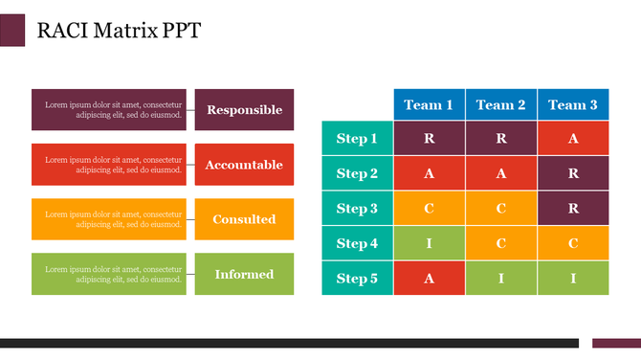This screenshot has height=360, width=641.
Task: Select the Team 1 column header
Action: [429, 104]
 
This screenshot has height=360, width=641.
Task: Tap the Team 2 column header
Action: [500, 104]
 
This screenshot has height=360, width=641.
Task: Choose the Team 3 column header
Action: [573, 104]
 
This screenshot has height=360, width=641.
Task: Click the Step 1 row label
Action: [357, 139]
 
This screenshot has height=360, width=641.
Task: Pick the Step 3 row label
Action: [357, 209]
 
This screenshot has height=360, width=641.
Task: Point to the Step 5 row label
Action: [357, 279]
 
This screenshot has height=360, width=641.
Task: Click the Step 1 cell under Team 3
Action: [573, 139]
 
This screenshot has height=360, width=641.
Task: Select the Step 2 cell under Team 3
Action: [573, 173]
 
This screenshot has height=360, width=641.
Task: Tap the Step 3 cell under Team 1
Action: [429, 209]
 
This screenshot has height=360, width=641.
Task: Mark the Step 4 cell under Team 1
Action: [429, 243]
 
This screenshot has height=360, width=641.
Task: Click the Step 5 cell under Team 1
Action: [429, 279]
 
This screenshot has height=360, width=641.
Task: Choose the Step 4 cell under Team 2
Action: [500, 243]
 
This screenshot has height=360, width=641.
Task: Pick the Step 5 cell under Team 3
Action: [573, 279]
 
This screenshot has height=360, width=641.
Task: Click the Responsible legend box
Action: [244, 109]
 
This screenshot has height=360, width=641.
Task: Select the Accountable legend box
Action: [244, 165]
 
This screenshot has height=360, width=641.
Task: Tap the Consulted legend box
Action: [244, 219]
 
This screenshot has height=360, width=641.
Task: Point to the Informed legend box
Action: [244, 274]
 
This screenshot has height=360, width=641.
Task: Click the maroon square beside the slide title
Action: [12, 30]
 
